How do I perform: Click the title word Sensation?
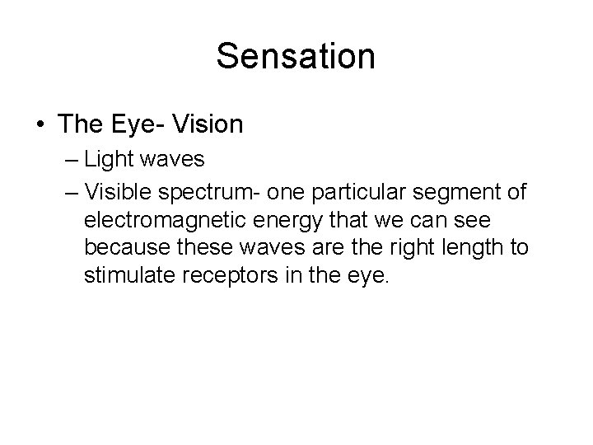[x=296, y=57]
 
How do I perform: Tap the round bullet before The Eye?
[x=40, y=125]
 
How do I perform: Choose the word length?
[x=479, y=249]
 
